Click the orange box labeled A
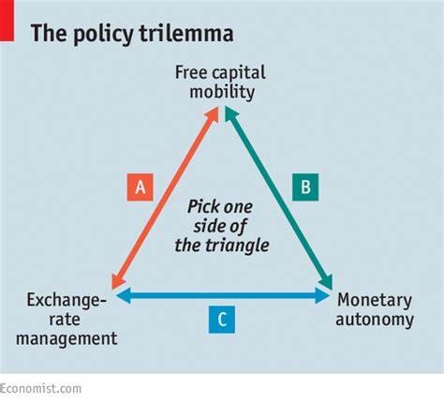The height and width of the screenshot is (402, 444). point(141,187)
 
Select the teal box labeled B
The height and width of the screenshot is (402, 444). point(305,187)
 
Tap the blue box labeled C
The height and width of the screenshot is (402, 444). point(222,320)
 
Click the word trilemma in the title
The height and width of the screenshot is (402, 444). point(186,33)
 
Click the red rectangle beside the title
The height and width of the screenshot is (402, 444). point(7,21)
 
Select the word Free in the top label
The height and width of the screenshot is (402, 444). point(191,72)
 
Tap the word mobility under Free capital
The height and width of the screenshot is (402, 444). point(222,92)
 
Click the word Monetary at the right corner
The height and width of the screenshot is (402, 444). point(375,301)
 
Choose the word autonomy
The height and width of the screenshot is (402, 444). point(375,320)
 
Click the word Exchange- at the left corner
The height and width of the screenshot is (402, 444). point(67,301)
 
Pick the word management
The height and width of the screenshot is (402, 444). point(67,339)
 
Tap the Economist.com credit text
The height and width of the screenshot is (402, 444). point(40,389)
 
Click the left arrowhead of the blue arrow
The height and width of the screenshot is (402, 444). point(123,295)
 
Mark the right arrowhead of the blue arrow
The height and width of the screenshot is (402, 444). point(322,295)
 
